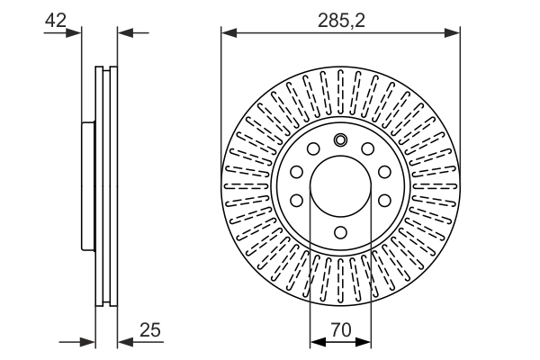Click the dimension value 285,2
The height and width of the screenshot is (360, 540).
tap(341, 21)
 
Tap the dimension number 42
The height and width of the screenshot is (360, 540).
tap(56, 20)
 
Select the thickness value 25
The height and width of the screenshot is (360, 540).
tap(150, 329)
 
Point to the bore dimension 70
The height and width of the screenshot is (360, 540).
tap(341, 329)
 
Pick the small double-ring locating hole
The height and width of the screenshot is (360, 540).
tap(340, 139)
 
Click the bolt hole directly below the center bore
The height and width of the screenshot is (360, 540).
tap(340, 232)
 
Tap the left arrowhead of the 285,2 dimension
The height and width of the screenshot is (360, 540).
tap(229, 33)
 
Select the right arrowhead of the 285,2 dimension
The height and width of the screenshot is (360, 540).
tap(452, 33)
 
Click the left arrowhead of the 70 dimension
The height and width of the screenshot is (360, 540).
tap(318, 342)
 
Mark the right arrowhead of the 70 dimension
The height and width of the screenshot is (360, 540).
tap(364, 342)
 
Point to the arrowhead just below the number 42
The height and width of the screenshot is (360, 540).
tap(74, 33)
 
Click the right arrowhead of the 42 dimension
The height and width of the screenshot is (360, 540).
tap(125, 33)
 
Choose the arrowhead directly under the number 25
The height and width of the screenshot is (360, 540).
tap(125, 342)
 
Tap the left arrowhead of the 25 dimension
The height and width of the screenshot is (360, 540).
tap(87, 342)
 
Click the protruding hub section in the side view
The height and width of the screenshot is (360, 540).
tap(88, 186)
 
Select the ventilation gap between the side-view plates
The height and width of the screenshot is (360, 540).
tap(106, 186)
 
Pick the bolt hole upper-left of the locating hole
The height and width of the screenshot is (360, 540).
tap(313, 148)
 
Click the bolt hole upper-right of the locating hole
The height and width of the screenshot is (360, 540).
tap(368, 148)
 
